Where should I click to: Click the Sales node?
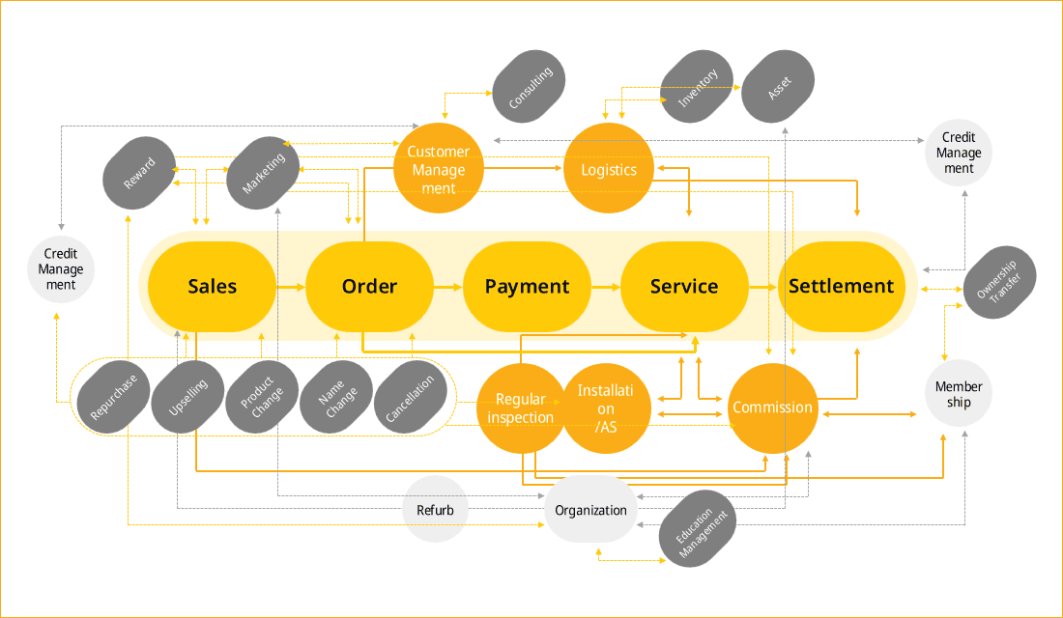click(x=213, y=287)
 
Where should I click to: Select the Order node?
click(x=369, y=287)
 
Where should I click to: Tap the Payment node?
click(x=527, y=287)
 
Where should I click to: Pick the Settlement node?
click(x=842, y=287)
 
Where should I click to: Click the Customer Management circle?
click(x=439, y=168)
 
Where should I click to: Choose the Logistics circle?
click(x=609, y=168)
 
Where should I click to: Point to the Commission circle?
click(x=773, y=408)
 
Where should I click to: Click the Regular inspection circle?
click(x=521, y=408)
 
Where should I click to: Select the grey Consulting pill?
click(x=529, y=87)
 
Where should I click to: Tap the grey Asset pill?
click(x=778, y=87)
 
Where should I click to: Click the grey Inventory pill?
click(x=697, y=87)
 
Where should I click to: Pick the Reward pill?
click(x=140, y=174)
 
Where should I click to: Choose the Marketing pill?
click(x=263, y=174)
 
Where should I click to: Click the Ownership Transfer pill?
click(x=1000, y=282)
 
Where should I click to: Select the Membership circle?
click(x=959, y=393)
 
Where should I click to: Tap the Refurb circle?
click(x=435, y=510)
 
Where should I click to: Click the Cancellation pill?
click(x=410, y=398)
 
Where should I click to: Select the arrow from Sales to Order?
click(x=292, y=288)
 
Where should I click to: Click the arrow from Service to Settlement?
click(x=763, y=288)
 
